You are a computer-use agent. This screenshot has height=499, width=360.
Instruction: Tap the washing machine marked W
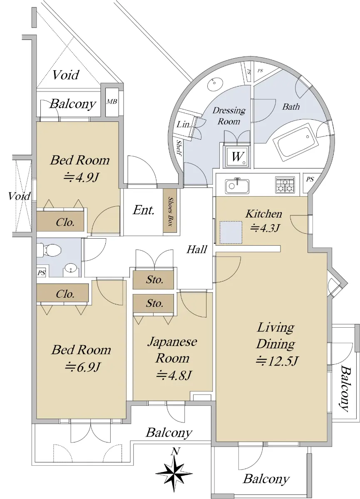[x=237, y=156]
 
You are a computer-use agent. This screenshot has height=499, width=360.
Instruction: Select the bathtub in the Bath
[x=295, y=142]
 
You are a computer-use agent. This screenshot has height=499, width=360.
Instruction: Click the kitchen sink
[x=237, y=186]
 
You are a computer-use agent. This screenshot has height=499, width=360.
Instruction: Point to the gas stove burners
[x=285, y=185]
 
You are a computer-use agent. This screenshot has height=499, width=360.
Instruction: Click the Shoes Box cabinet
[x=170, y=211]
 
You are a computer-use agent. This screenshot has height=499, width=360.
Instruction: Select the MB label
[x=112, y=101]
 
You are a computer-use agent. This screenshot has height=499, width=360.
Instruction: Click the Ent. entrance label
[x=144, y=210]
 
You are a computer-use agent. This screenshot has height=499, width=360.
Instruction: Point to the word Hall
[x=197, y=249]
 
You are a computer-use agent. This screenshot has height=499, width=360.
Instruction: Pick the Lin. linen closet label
[x=184, y=124]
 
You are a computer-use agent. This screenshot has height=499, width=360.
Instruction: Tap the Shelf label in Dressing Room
[x=179, y=148]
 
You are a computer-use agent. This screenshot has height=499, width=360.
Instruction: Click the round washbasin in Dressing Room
[x=215, y=83]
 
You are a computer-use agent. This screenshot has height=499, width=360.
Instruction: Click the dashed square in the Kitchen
[x=231, y=232]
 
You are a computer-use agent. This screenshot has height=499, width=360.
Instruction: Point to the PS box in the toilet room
[x=42, y=273]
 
